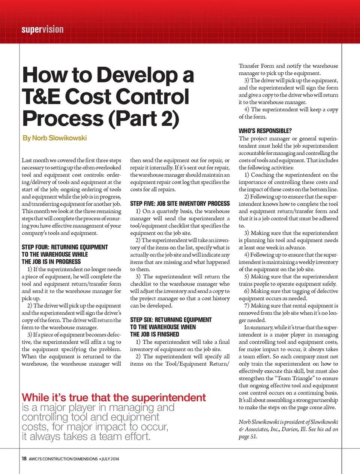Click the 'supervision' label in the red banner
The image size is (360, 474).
(42, 30)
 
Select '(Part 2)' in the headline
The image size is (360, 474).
(144, 118)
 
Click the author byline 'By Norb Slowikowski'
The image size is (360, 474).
(55, 138)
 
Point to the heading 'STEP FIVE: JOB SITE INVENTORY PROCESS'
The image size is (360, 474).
(180, 203)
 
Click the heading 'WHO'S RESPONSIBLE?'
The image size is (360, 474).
(265, 131)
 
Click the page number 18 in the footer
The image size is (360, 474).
(24, 459)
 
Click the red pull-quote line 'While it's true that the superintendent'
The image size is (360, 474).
(114, 398)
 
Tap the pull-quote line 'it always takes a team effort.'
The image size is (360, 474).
(86, 437)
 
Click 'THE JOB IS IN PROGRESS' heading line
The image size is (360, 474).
(51, 262)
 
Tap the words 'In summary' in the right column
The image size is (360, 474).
(258, 327)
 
